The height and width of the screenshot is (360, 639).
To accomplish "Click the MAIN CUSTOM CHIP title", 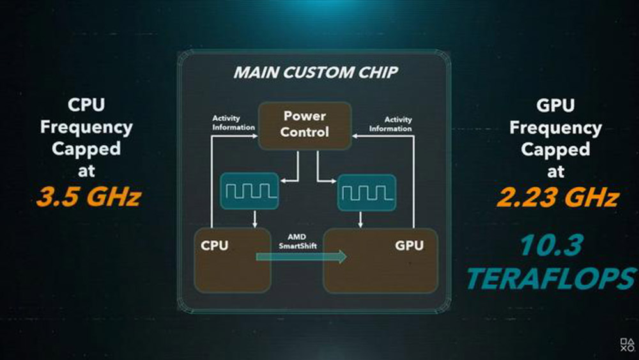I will click(x=314, y=72).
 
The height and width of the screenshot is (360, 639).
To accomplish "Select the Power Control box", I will click(x=304, y=125).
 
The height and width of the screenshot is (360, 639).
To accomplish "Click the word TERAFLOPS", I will click(x=551, y=279).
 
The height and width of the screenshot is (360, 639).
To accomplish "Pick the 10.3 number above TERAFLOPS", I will click(x=551, y=246).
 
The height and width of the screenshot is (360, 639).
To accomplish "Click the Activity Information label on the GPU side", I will click(x=390, y=124).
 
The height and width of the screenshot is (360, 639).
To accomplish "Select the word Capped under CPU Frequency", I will click(x=86, y=149).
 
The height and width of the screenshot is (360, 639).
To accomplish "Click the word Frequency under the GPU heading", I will click(x=555, y=127).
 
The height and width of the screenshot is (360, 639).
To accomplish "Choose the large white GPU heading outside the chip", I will click(x=555, y=106).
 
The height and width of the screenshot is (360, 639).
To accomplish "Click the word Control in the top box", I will click(x=304, y=132).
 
